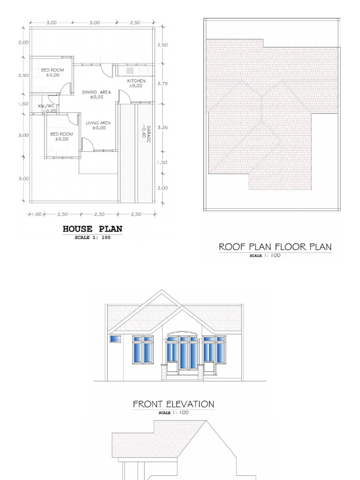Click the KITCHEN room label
tap(136, 81)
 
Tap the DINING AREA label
tap(97, 92)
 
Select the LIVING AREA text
tap(98, 123)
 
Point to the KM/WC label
tap(46, 106)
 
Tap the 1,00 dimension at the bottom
tap(37, 214)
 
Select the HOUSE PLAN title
tap(92, 229)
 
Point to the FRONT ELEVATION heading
tap(173, 404)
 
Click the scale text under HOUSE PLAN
tap(92, 238)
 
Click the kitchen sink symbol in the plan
tap(130, 70)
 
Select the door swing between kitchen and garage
tap(124, 97)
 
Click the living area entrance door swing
tap(88, 144)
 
